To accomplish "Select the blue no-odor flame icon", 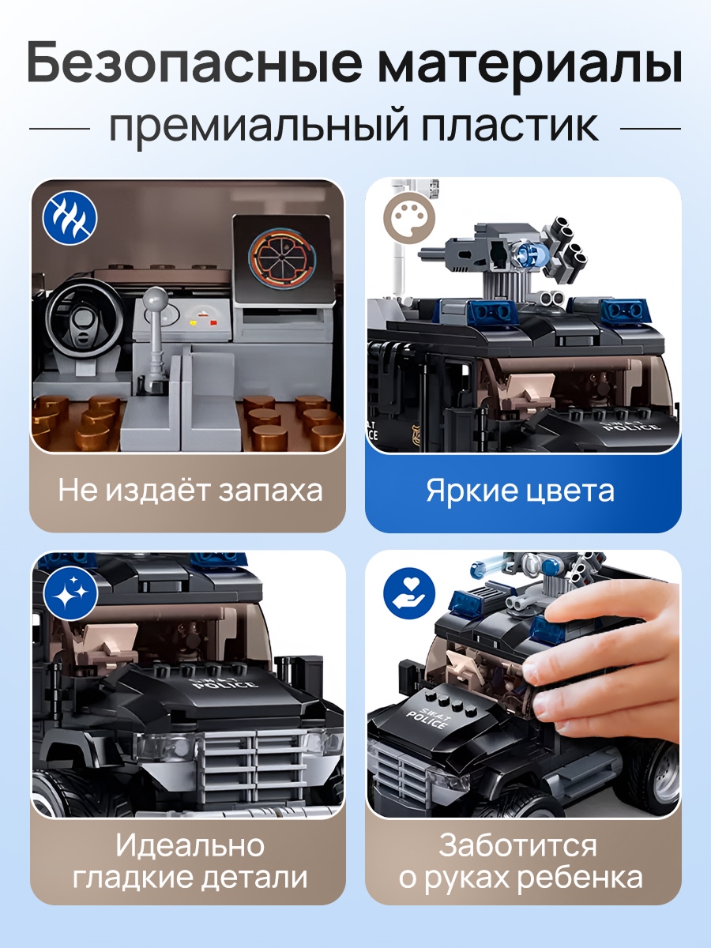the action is (x=70, y=218).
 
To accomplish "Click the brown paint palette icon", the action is (x=409, y=219).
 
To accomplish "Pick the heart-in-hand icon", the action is (x=409, y=593).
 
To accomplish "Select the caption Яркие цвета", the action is (x=521, y=491).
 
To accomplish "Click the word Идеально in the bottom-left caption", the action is (x=190, y=845).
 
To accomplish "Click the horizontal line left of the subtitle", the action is (x=59, y=129).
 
